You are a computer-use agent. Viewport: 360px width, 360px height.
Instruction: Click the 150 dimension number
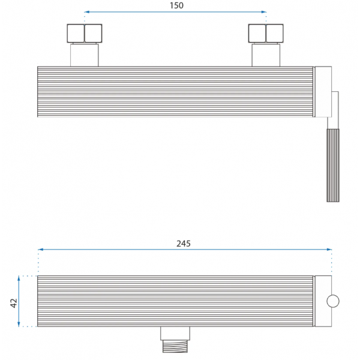click(176, 5)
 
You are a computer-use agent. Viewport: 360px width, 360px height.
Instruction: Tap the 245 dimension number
click(184, 244)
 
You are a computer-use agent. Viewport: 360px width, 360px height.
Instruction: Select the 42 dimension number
click(14, 303)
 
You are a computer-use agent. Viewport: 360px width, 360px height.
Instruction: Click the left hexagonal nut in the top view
click(85, 33)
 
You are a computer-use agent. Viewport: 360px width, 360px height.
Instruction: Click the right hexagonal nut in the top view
click(266, 33)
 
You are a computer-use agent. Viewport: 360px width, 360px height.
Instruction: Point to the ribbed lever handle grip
click(333, 166)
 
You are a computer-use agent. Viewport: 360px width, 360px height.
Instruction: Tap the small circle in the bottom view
click(333, 301)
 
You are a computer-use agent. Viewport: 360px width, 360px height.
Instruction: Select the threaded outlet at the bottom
click(175, 346)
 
